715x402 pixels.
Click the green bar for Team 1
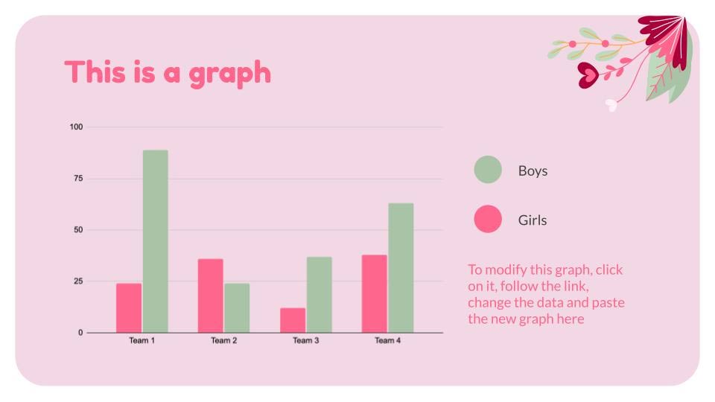pyautogui.click(x=155, y=241)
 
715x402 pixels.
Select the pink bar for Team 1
pyautogui.click(x=129, y=307)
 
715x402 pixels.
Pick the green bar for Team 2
pyautogui.click(x=237, y=307)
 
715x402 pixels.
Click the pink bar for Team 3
pyautogui.click(x=293, y=320)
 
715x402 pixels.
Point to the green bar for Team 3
pyautogui.click(x=319, y=295)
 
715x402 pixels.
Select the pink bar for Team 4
pyautogui.click(x=374, y=293)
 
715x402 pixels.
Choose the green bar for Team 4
pyautogui.click(x=401, y=267)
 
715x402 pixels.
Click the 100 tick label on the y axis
pyautogui.click(x=76, y=127)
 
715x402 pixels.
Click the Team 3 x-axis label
pyautogui.click(x=305, y=341)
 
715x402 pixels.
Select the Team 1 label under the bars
pyautogui.click(x=142, y=341)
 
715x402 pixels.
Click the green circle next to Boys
pyautogui.click(x=488, y=170)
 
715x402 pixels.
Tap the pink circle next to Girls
pyautogui.click(x=488, y=220)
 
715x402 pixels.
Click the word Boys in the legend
pyautogui.click(x=533, y=170)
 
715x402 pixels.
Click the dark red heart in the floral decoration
pyautogui.click(x=588, y=74)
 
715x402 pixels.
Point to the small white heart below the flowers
pyautogui.click(x=611, y=105)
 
